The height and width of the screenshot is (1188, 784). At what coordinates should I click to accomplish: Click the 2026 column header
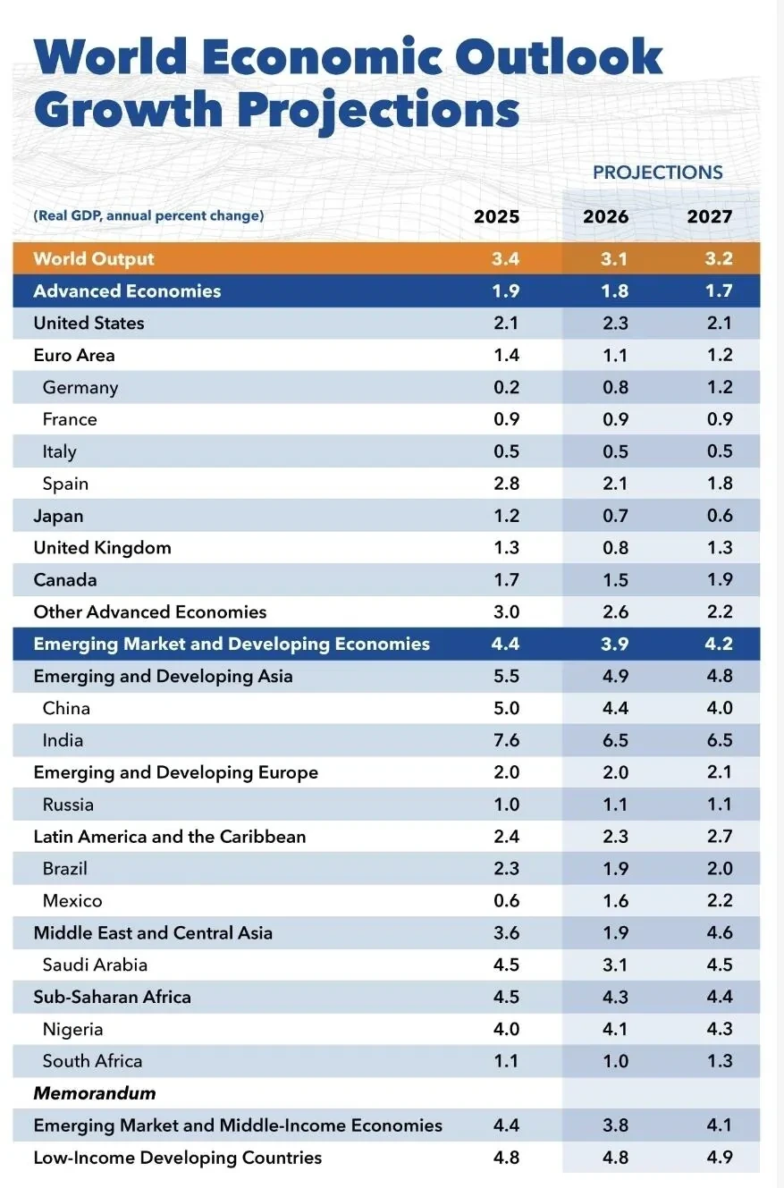605,216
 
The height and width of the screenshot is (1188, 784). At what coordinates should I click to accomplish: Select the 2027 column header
710,216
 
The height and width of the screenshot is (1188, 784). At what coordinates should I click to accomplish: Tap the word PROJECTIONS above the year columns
658,173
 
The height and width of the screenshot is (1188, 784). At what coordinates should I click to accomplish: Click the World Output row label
94,259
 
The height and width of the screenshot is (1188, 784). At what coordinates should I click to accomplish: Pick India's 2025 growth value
507,740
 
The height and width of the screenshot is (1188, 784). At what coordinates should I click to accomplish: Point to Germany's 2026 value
615,387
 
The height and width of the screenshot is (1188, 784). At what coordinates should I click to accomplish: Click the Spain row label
65,484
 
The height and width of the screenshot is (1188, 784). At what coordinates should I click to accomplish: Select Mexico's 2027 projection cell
720,900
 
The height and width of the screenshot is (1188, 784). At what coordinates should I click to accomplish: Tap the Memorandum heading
95,1093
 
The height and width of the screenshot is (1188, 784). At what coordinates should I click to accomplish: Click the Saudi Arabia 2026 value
615,965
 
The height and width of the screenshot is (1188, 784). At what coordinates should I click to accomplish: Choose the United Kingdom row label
103,548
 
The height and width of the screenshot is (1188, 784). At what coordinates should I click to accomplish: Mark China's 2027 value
720,707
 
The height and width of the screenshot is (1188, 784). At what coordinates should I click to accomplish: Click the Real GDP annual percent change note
148,215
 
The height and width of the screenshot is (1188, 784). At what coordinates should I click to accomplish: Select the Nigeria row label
72,1030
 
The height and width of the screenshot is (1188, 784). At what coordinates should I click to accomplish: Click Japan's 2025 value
507,516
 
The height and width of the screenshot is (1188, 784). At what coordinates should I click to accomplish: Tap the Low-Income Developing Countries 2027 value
720,1158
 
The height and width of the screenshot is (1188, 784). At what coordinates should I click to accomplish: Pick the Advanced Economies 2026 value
615,291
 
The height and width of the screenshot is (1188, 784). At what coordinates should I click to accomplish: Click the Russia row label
68,805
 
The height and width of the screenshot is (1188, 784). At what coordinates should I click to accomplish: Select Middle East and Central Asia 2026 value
615,932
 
